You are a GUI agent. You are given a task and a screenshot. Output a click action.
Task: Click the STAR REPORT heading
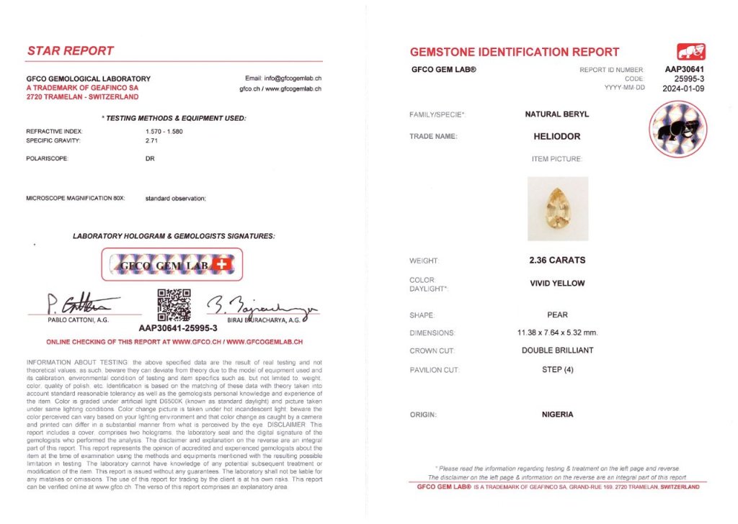[x=71, y=51]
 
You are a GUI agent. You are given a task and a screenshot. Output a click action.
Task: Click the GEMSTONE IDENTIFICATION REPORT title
[x=514, y=52]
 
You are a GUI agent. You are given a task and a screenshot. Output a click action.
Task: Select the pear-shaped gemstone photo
[x=557, y=208]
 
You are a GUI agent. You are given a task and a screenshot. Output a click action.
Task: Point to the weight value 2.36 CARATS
[x=557, y=261]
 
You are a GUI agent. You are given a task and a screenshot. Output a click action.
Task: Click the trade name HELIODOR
[x=557, y=136]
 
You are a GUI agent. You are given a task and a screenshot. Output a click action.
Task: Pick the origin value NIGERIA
[x=557, y=415]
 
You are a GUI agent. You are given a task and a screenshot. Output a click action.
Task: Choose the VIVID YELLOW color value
[x=557, y=284]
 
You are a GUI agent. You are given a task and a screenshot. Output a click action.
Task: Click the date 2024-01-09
[x=684, y=88]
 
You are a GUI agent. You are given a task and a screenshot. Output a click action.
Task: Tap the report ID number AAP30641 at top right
[x=684, y=70]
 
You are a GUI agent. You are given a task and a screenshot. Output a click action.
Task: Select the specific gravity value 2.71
[x=151, y=141]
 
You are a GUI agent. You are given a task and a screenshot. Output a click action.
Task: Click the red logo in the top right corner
[x=690, y=52]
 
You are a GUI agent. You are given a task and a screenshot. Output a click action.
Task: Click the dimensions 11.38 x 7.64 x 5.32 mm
[x=557, y=333]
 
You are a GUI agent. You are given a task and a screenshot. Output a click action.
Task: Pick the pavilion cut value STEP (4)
[x=557, y=370]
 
